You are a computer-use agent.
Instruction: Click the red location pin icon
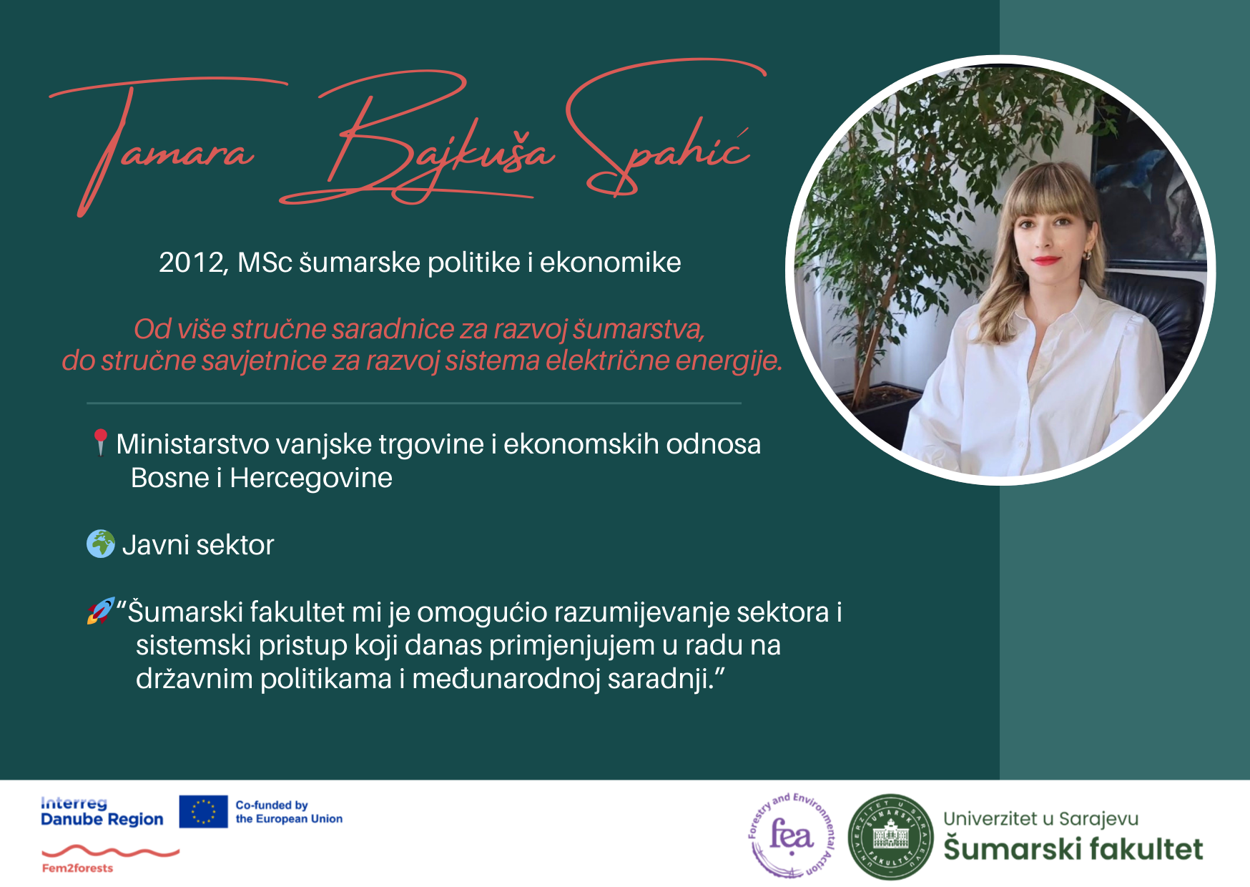[x=100, y=441]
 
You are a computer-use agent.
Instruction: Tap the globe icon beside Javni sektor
[x=101, y=544]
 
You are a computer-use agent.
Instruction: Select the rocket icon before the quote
[x=101, y=611]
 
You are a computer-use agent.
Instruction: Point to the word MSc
[x=265, y=263]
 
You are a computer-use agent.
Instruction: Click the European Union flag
[x=203, y=811]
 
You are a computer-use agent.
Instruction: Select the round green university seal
[x=890, y=836]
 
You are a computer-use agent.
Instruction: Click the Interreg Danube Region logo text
[x=102, y=811]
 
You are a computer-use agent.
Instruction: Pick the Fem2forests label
[x=77, y=868]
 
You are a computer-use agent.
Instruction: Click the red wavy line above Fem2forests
[x=110, y=851]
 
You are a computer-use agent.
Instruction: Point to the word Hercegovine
[x=311, y=478]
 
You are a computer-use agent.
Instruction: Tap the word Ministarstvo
[x=193, y=443]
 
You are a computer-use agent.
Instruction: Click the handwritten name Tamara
[x=164, y=143]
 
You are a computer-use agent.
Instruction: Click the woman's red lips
[x=1045, y=260]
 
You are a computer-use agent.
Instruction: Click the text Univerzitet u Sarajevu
[x=1040, y=819]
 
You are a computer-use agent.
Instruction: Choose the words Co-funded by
[x=272, y=805]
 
